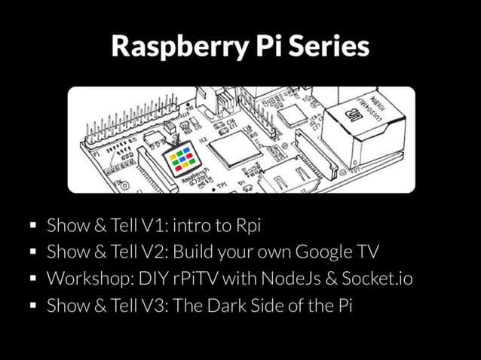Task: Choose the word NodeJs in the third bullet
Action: click(x=292, y=279)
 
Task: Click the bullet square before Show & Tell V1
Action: click(x=32, y=225)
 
